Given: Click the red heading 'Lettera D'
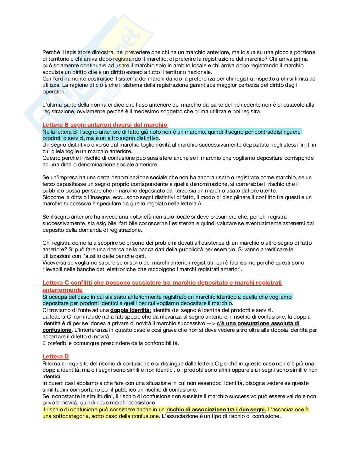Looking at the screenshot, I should coord(56,356).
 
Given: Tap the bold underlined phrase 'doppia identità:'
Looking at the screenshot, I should coord(131,310).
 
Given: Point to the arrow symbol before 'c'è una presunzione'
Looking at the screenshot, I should coord(211,323).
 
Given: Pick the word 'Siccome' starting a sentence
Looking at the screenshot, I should coord(52,197).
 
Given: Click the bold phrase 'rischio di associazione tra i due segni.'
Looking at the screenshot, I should coord(216,409).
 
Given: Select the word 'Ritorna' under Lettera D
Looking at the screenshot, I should coord(51,364).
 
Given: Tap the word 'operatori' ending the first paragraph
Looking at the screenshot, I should coord(54,92).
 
